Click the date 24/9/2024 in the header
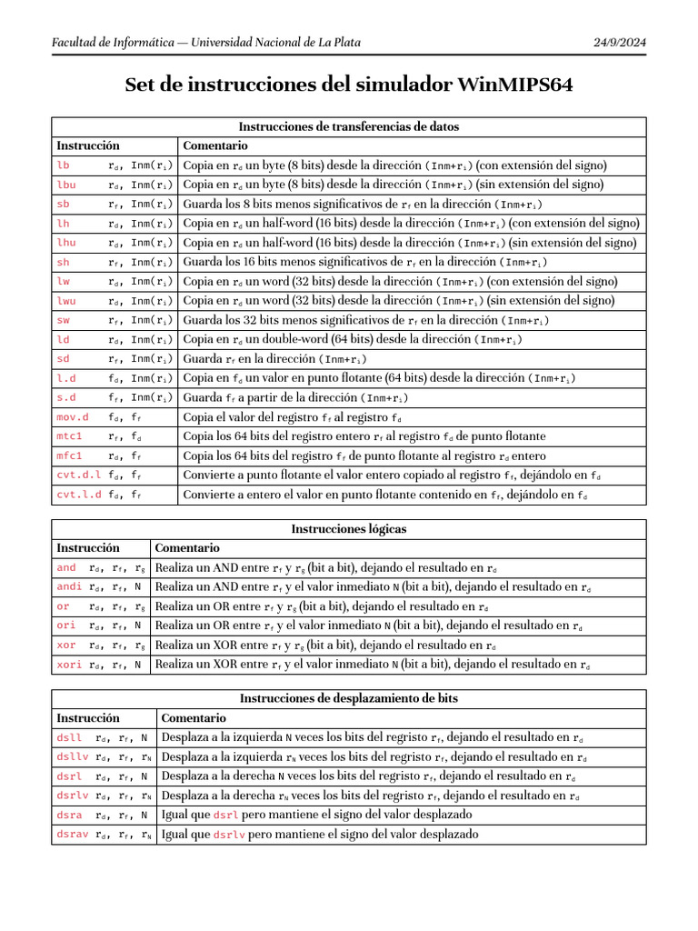tap(620, 42)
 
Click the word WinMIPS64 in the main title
tap(515, 85)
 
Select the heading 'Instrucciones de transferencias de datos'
tap(349, 126)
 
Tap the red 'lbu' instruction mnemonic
tap(65, 185)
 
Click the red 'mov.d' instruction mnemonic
tap(73, 417)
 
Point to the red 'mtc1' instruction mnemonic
tap(69, 436)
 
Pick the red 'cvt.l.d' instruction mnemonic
tap(79, 495)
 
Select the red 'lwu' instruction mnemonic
tap(65, 301)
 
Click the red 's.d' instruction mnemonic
tap(65, 397)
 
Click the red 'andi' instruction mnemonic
tap(69, 587)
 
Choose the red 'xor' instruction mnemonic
tap(65, 646)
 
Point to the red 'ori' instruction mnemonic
tap(65, 626)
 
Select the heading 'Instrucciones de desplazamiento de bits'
tap(349, 699)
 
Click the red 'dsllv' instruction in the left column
tap(73, 757)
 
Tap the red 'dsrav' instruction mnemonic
tap(73, 835)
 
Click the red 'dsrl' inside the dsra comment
tap(225, 816)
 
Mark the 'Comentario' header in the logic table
tap(187, 548)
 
